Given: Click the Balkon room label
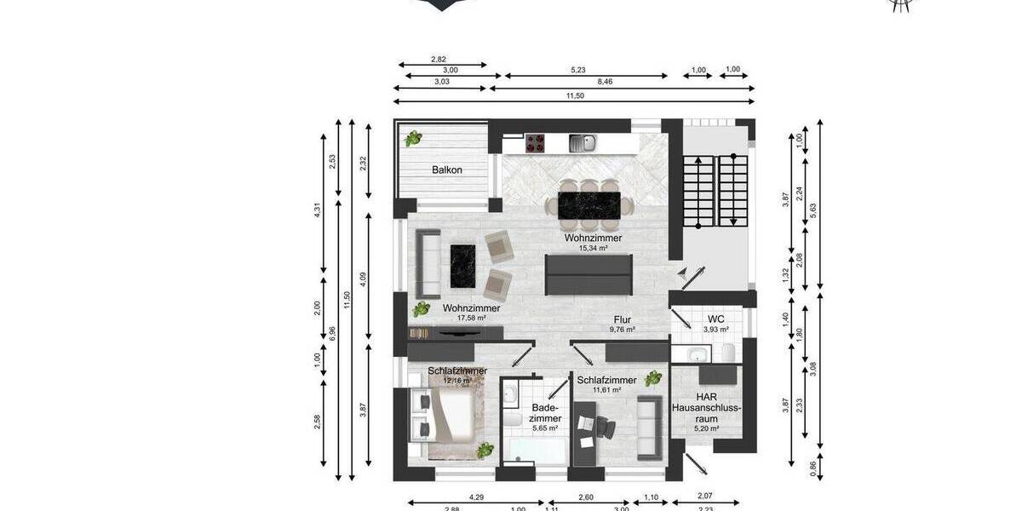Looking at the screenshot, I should [447, 170].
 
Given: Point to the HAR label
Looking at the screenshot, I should [706, 397].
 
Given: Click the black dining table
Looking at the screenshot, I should [589, 204].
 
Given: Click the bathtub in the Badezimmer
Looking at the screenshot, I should [535, 451].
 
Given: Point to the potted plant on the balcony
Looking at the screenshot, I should [413, 138].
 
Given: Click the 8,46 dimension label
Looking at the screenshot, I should [605, 82].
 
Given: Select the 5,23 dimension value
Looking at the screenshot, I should [577, 71].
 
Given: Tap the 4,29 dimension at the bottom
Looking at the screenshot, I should [476, 497].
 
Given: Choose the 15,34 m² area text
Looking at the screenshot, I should [593, 249].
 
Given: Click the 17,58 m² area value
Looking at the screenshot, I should [470, 319].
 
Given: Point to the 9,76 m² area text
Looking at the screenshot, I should [623, 329].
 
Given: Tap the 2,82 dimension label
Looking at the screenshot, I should [439, 59].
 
